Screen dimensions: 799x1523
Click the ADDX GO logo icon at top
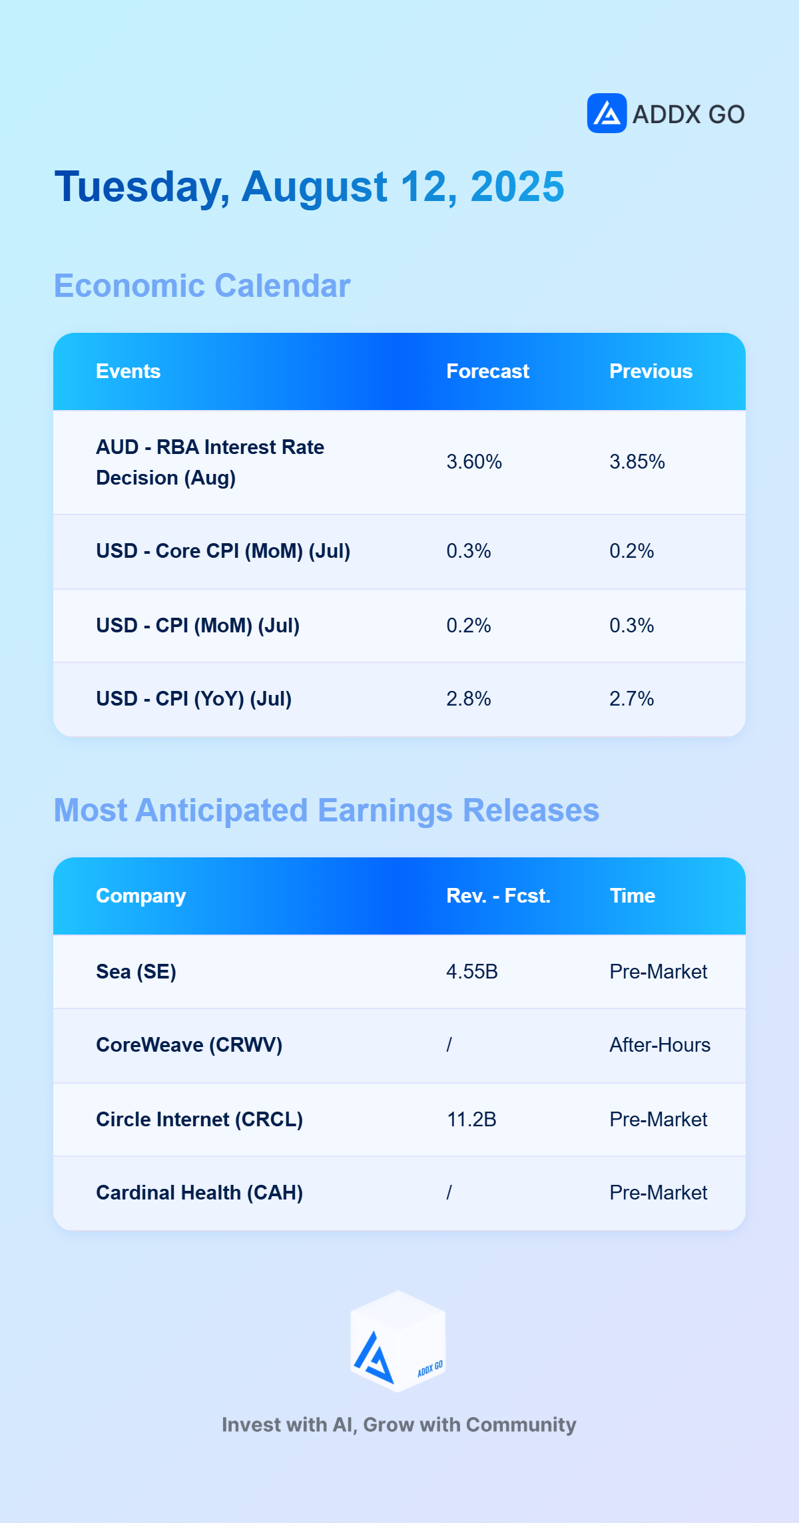tap(607, 113)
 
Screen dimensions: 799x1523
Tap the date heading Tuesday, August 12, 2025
tap(310, 186)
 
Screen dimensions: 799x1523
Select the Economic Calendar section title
tap(202, 286)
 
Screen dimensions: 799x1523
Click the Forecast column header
tap(487, 371)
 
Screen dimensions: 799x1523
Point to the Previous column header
tap(651, 371)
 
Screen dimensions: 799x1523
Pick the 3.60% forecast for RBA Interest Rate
tap(474, 462)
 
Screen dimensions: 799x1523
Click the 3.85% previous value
tap(637, 462)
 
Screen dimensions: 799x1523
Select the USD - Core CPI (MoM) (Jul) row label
tap(223, 551)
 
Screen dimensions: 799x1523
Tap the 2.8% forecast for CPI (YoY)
tap(469, 699)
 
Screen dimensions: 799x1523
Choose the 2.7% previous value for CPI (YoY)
tap(632, 699)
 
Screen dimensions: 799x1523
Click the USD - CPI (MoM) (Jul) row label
tap(198, 626)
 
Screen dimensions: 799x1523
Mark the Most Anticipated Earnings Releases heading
tap(326, 810)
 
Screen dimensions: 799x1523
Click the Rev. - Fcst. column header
tap(498, 896)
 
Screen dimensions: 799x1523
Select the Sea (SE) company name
tap(136, 972)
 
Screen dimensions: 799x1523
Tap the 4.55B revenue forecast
tap(472, 972)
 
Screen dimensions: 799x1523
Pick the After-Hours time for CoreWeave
tap(660, 1045)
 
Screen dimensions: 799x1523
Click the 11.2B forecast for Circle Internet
tap(471, 1120)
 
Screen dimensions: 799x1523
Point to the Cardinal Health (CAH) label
tap(199, 1193)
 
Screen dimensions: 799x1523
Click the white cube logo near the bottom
tap(398, 1341)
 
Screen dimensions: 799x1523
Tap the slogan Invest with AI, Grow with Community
tap(399, 1424)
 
